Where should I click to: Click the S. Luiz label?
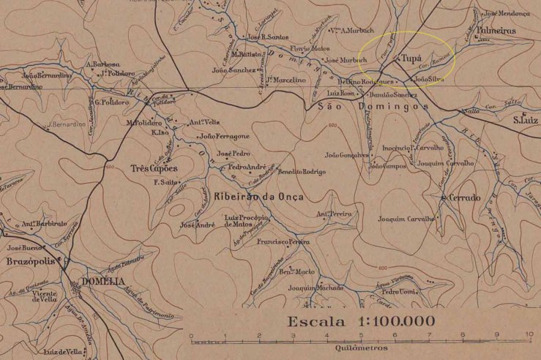pyautogui.click(x=525, y=120)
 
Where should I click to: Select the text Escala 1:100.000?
pyautogui.click(x=361, y=321)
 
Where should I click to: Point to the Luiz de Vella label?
pyautogui.click(x=61, y=352)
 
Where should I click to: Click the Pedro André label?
pyautogui.click(x=247, y=167)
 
